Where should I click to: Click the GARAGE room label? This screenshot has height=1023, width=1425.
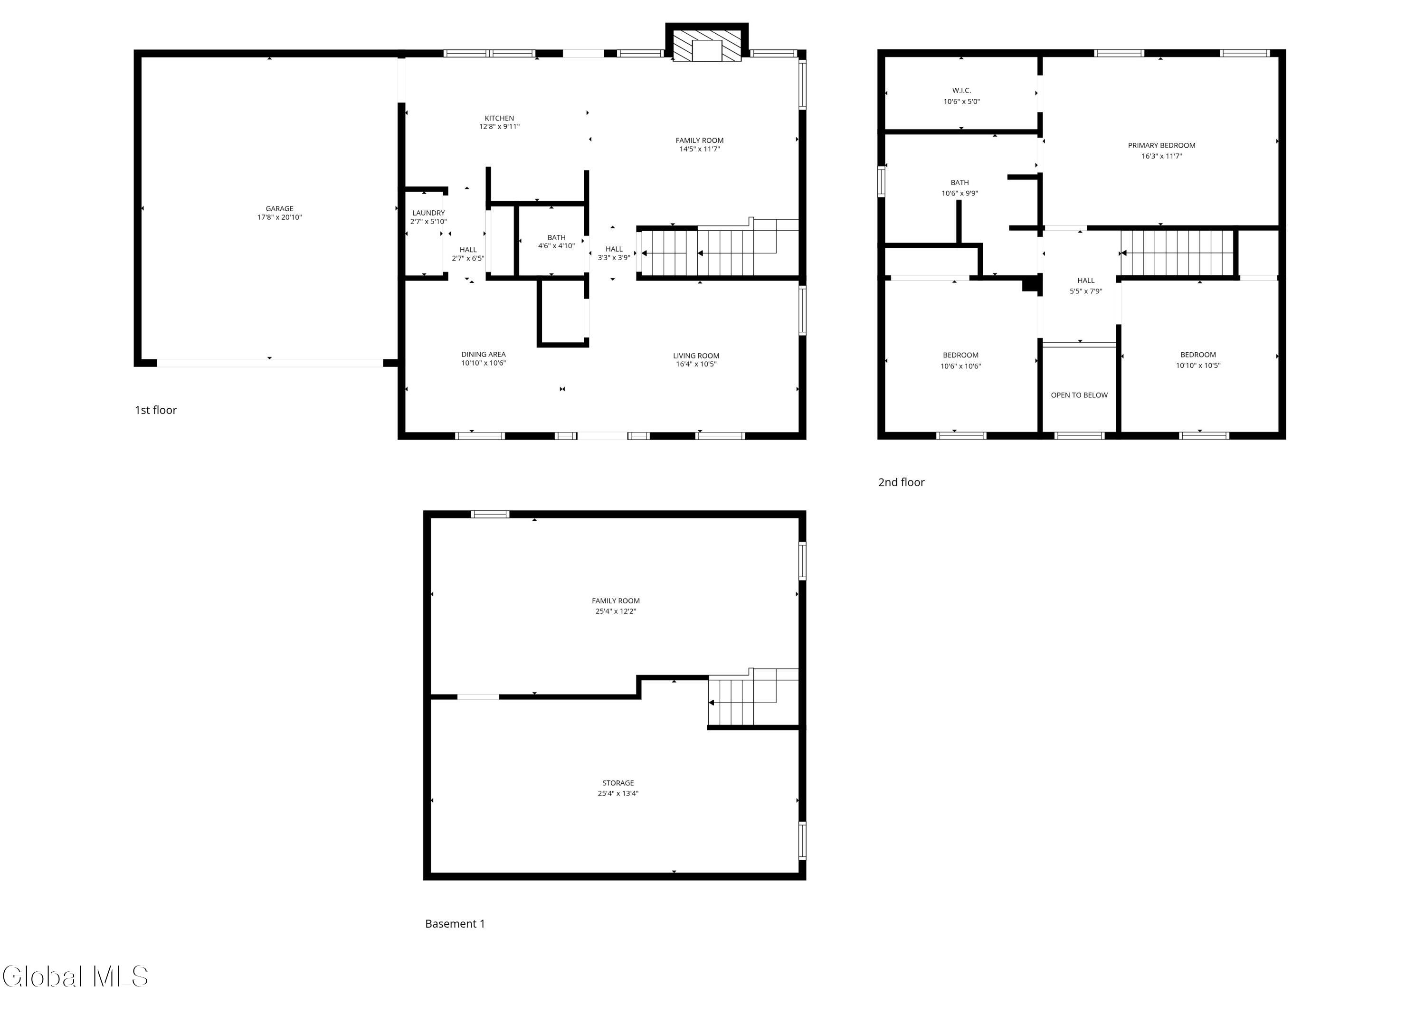pos(280,208)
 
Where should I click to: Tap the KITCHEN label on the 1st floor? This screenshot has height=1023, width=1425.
pos(500,118)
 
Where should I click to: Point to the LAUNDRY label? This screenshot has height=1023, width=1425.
pos(428,213)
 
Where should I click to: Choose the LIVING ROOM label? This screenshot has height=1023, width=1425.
pos(696,356)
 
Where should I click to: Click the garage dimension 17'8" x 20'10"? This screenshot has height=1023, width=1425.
pos(280,217)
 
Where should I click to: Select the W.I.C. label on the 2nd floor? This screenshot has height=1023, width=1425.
pos(961,90)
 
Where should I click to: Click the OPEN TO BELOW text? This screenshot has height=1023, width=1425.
pos(1079,395)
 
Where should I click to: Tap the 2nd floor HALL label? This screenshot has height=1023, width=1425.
pos(1086,280)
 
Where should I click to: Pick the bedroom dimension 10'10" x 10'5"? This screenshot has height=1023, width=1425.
pos(1198,366)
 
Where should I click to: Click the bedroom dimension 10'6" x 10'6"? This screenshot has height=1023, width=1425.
pos(960,366)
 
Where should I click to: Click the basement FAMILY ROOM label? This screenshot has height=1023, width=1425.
pos(616,601)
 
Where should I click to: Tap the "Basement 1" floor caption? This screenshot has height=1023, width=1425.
pos(455,923)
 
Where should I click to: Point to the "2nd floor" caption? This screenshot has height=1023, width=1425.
pos(901,482)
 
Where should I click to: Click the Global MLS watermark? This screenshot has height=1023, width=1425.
pos(76,976)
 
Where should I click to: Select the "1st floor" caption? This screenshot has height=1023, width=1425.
pos(156,410)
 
